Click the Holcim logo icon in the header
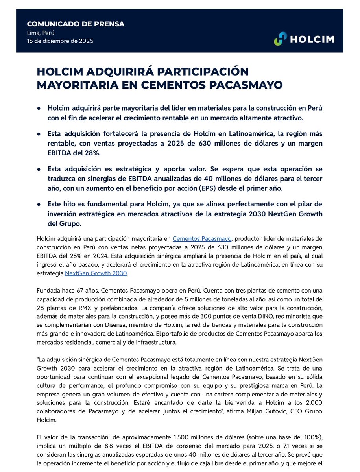coord(281,39)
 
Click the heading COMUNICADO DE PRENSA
coord(76,24)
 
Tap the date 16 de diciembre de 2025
coord(60,41)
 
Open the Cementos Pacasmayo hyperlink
coord(202,238)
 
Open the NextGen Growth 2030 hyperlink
coord(96,273)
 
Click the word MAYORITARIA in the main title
coord(81,85)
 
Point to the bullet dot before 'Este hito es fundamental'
coord(39,204)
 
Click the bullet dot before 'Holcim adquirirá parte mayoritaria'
coord(39,107)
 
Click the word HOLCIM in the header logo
coord(312,39)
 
